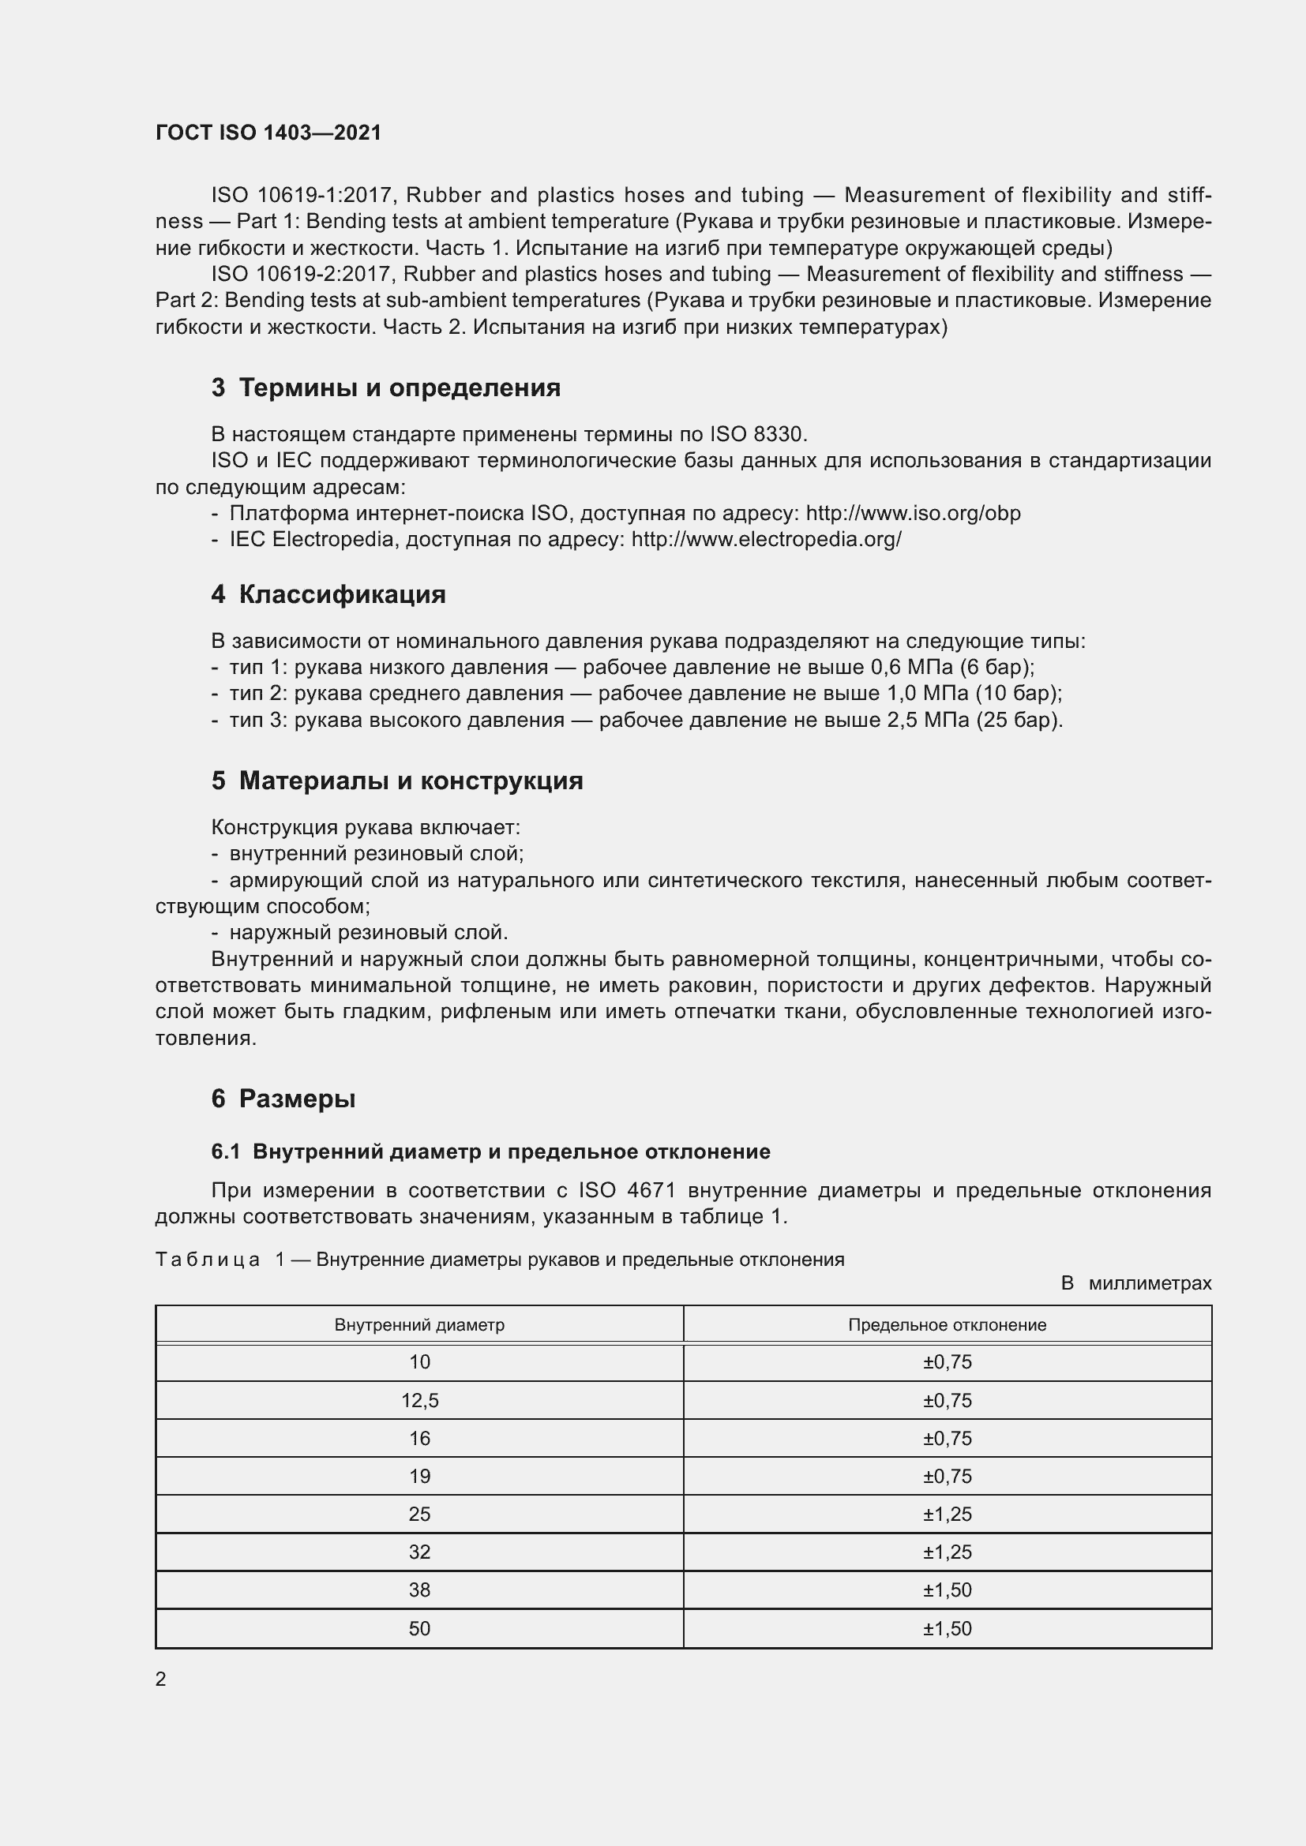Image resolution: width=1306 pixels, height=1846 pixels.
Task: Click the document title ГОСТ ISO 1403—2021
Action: coord(268,133)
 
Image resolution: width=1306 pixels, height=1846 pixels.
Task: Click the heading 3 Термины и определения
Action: coord(385,388)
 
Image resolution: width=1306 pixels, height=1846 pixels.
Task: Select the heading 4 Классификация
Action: coord(328,594)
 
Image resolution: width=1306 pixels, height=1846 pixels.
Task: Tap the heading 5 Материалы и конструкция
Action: coord(396,780)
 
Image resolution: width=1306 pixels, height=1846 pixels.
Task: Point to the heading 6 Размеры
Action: coord(283,1099)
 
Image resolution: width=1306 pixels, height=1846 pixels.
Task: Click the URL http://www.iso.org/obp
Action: coord(913,513)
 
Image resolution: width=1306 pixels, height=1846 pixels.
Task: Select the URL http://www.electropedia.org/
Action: coord(767,540)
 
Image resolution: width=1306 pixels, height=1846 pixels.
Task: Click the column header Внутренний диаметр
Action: coord(419,1324)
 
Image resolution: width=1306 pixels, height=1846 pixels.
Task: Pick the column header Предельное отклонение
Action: coord(947,1324)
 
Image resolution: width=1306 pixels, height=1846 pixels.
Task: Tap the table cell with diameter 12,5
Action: coord(420,1401)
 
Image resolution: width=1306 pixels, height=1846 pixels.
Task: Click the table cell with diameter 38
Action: coord(420,1590)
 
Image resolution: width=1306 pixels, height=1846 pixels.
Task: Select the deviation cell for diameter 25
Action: coord(948,1514)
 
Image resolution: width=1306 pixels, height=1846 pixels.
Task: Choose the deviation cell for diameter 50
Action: coord(948,1628)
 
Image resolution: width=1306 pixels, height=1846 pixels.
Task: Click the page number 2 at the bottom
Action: coord(161,1679)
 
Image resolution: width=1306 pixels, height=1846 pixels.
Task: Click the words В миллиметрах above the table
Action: coord(1135,1283)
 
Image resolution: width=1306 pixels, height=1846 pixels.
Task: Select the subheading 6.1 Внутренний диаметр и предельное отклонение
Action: coord(490,1151)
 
